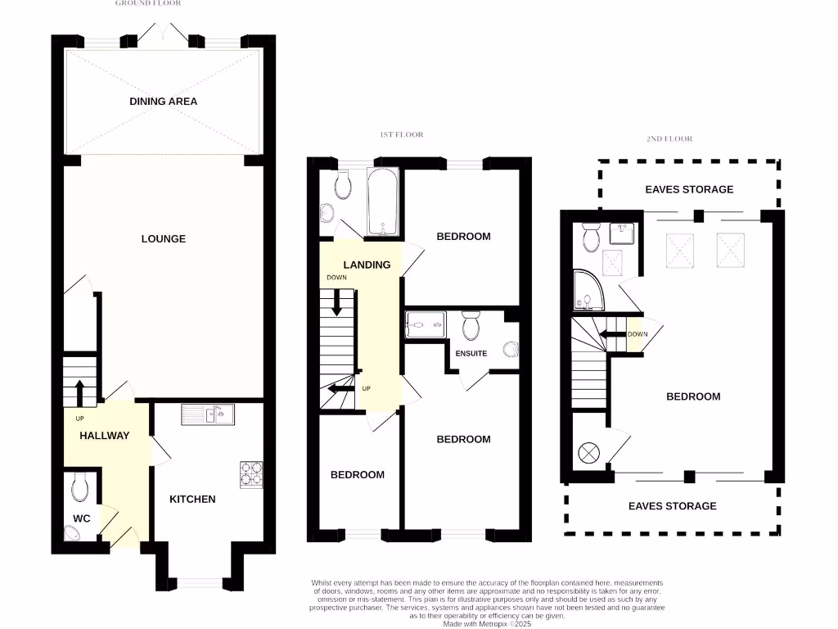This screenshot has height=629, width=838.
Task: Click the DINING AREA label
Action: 163,102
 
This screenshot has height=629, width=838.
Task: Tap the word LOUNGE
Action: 164,239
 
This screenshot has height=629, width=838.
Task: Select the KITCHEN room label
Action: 192,499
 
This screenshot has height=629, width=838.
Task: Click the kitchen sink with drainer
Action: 208,414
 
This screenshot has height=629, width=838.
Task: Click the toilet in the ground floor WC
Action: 79,488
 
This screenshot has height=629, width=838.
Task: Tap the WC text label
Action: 81,518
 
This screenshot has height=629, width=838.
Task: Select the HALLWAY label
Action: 104,436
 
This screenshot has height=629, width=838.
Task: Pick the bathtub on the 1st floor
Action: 383,202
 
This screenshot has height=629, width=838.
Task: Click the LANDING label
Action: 367,265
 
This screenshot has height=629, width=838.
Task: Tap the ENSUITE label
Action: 470,354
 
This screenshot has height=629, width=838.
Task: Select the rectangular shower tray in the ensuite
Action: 426,324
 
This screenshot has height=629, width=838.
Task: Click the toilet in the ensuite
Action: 471,326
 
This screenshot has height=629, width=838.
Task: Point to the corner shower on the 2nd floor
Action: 588,292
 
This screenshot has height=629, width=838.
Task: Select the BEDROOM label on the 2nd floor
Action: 693,396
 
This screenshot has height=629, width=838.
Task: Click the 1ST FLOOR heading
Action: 402,134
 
